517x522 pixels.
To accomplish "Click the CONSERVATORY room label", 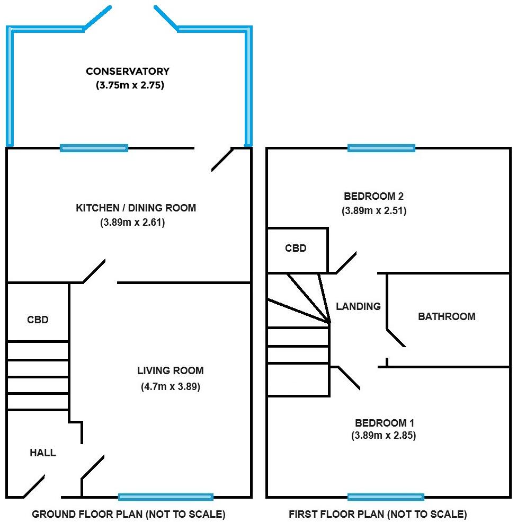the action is click(128, 72).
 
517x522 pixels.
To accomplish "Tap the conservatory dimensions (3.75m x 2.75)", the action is click(128, 84).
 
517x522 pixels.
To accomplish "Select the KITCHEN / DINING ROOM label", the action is click(136, 208).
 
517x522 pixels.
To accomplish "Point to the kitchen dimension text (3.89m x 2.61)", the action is click(132, 223).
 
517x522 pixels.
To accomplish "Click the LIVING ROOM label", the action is click(170, 371).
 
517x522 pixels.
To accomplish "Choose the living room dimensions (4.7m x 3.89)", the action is click(170, 386).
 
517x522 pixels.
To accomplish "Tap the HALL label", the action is click(42, 453).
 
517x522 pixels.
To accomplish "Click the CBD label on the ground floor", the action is click(38, 320).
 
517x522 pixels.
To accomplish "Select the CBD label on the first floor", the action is click(296, 249).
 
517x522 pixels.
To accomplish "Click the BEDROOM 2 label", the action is click(373, 196).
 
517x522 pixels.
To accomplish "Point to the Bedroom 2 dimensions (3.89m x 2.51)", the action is click(373, 210).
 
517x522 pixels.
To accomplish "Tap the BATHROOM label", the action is click(447, 316).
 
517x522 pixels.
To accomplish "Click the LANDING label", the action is click(358, 306).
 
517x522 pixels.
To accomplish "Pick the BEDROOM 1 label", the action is click(384, 423).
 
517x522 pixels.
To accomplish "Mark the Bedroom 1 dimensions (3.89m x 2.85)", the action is click(384, 436).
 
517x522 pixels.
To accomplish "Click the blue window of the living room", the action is click(165, 497).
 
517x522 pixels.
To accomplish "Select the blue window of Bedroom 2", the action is click(381, 148).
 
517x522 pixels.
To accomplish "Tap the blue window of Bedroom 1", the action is click(386, 497).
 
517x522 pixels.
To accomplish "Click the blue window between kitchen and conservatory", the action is click(94, 148).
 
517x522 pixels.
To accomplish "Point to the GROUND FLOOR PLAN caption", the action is click(129, 514).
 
